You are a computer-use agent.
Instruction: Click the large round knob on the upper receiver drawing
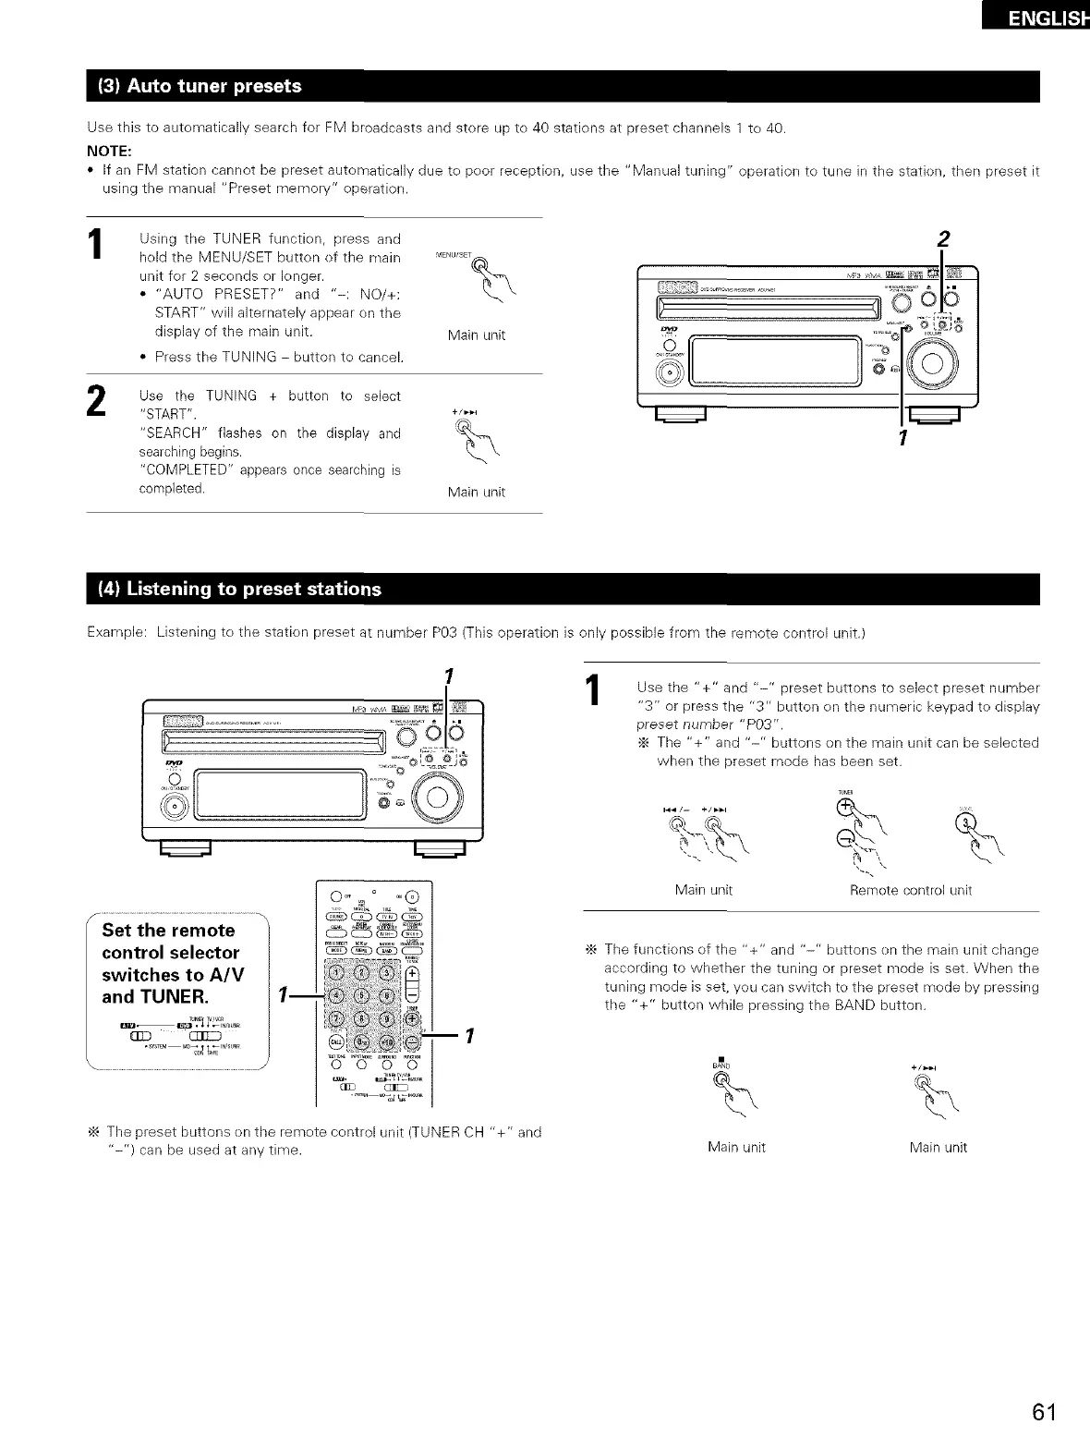pyautogui.click(x=934, y=363)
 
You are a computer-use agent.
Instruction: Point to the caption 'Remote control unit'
pyautogui.click(x=910, y=891)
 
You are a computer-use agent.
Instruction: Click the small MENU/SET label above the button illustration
pyautogui.click(x=453, y=256)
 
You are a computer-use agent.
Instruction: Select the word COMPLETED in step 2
pyautogui.click(x=181, y=470)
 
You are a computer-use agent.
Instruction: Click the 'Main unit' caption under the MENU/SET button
pyautogui.click(x=476, y=335)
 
